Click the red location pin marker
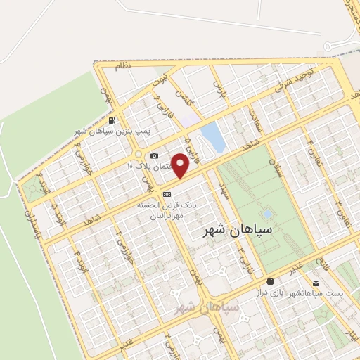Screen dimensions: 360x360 pyautogui.click(x=181, y=166)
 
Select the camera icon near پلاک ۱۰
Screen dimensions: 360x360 pyautogui.click(x=155, y=155)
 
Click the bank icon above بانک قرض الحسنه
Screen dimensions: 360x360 pyautogui.click(x=167, y=194)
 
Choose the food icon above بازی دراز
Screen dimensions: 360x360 pyautogui.click(x=271, y=281)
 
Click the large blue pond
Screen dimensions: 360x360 pyautogui.click(x=212, y=137)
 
